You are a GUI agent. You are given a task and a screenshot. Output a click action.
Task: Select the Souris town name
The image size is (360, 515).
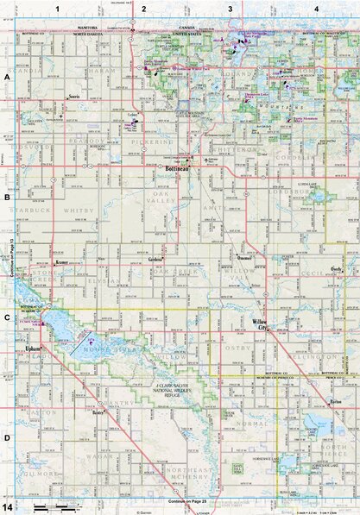pyautogui.click(x=74, y=97)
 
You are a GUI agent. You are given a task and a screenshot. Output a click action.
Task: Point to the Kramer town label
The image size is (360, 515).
pyautogui.click(x=61, y=260)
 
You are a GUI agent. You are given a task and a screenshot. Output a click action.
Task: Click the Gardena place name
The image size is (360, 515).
pyautogui.click(x=155, y=259)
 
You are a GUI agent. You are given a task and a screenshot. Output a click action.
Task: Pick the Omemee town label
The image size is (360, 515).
pyautogui.click(x=243, y=259)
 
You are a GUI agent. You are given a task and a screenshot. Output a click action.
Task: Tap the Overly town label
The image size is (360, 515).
pyautogui.click(x=332, y=268)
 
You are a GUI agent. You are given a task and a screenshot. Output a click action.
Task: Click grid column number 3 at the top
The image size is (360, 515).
pyautogui.click(x=231, y=9)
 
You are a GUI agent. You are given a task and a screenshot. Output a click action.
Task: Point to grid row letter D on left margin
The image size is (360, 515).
pyautogui.click(x=6, y=437)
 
